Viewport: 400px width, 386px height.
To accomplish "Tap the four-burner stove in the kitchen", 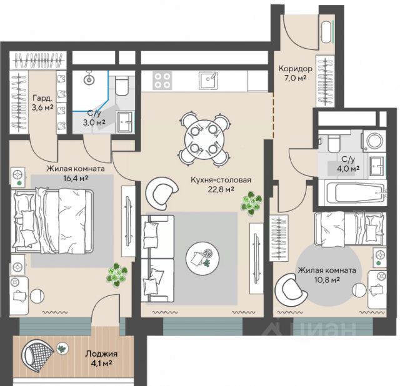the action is (162, 80).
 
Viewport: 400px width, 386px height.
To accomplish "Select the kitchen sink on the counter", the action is (209, 80).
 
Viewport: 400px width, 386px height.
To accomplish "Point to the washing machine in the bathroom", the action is (373, 141).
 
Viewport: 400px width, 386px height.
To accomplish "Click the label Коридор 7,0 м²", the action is (295, 73).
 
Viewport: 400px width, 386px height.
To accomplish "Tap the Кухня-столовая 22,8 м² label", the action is (221, 185).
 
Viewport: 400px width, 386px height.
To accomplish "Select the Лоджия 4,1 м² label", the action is (101, 358).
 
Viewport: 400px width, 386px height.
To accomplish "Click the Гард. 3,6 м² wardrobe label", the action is (42, 102).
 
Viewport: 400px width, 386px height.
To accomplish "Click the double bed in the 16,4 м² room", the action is (52, 220).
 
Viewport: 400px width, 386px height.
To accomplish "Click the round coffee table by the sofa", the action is (202, 258).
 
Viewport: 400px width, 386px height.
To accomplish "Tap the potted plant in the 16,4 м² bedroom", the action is (117, 274).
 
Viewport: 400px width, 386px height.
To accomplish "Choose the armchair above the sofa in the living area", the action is (161, 192).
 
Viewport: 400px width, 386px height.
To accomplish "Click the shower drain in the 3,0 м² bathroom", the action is (89, 79).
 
